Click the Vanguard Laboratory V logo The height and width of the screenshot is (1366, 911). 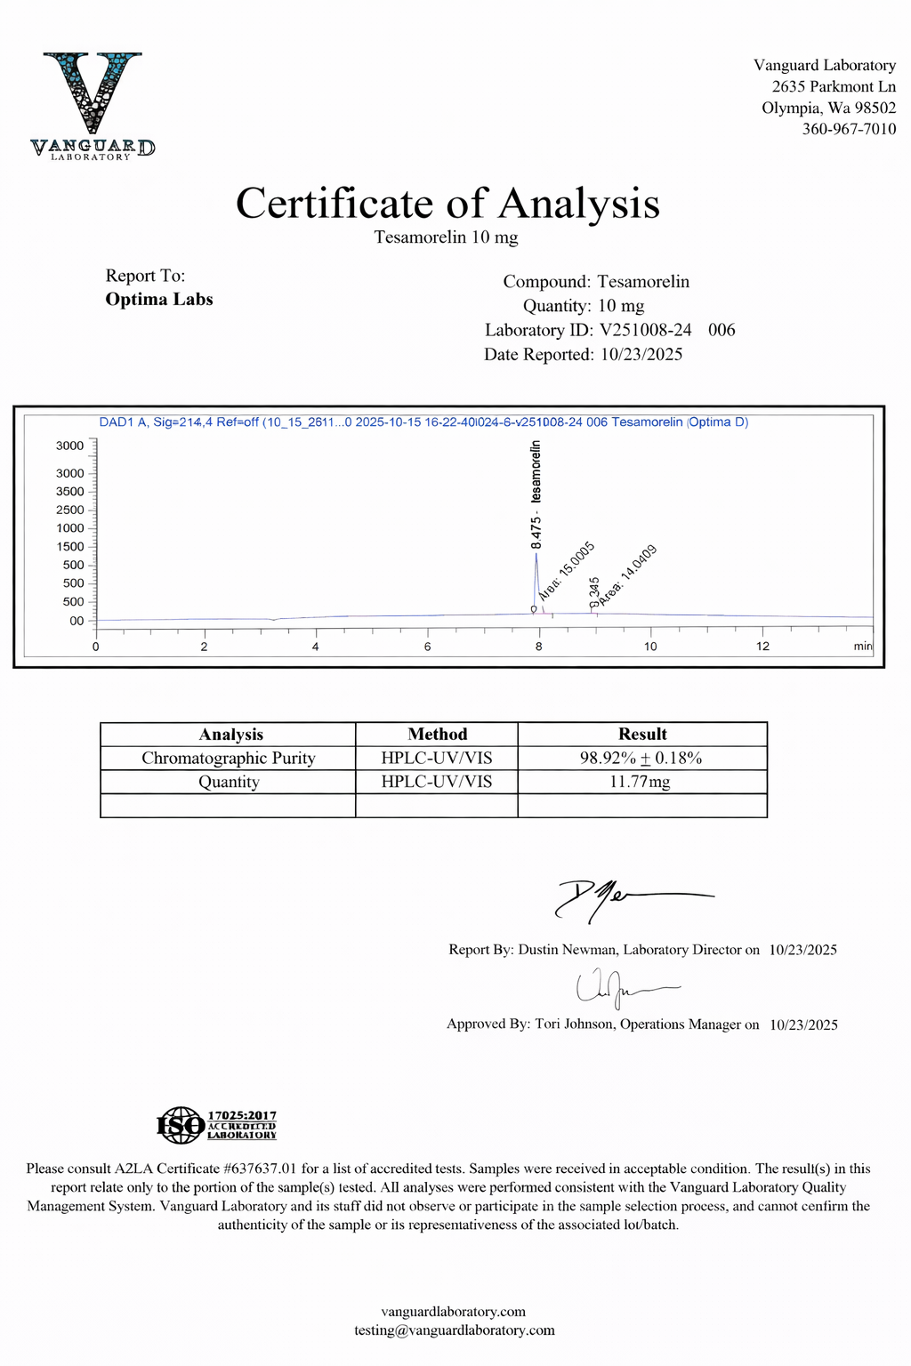pos(92,105)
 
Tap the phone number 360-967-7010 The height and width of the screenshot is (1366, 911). pos(849,129)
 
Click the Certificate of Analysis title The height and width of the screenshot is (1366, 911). pos(447,204)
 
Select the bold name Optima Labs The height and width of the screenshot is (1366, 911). pos(159,300)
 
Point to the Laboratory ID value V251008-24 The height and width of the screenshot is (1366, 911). pos(646,330)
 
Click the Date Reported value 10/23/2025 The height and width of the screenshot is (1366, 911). pos(641,354)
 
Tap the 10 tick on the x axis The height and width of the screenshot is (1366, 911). pos(650,647)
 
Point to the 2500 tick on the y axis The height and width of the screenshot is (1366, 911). pos(70,510)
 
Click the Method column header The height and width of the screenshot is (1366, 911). pos(437,734)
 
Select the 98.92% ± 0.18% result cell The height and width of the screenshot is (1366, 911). pos(641,758)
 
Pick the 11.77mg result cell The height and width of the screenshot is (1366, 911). pos(641,782)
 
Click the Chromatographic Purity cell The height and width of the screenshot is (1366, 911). pos(229,758)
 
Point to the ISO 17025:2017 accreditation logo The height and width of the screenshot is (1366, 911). pos(217,1125)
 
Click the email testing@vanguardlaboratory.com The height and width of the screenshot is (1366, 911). pos(454,1330)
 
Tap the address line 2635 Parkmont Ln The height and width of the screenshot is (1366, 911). pos(834,86)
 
